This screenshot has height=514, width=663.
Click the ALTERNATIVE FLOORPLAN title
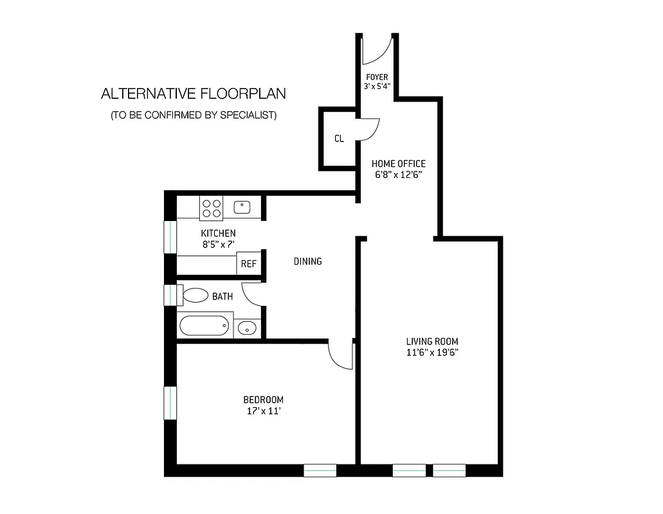(194, 94)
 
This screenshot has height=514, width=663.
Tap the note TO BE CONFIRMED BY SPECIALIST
(194, 116)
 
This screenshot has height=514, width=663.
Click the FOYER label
(377, 78)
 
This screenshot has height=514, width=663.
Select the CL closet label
(339, 138)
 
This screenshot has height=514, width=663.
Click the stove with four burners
(212, 208)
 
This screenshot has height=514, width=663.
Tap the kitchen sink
(242, 207)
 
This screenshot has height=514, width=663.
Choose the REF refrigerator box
(249, 264)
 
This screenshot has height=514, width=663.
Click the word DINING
(307, 261)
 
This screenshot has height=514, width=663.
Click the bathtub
(204, 326)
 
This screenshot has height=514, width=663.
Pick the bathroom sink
(246, 328)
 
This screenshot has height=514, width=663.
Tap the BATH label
(223, 296)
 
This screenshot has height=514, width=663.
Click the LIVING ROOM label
(431, 341)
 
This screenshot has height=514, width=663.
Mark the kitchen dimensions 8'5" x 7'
(218, 244)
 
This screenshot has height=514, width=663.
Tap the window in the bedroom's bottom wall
(320, 471)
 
